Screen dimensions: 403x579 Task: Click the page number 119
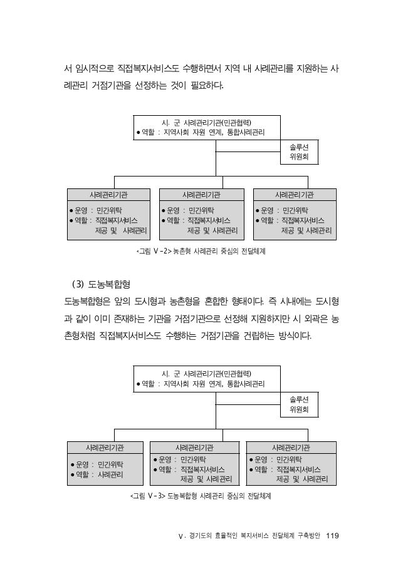click(x=332, y=535)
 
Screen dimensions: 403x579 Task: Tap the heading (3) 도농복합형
click(x=101, y=284)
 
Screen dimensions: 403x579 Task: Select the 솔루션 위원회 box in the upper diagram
click(x=299, y=151)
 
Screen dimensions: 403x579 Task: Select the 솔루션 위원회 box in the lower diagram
click(x=299, y=404)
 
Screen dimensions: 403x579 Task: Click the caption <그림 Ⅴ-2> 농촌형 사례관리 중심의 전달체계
click(x=201, y=252)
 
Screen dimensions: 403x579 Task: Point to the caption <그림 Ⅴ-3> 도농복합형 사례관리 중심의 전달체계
click(x=201, y=496)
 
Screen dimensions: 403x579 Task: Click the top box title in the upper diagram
click(x=207, y=123)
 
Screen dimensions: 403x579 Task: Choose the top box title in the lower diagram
click(x=207, y=374)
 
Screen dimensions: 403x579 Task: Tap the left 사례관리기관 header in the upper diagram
click(x=108, y=195)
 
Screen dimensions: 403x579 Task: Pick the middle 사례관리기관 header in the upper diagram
click(x=202, y=195)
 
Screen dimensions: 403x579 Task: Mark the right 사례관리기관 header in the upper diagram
click(x=295, y=195)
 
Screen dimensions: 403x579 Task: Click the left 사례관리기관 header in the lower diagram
click(x=105, y=448)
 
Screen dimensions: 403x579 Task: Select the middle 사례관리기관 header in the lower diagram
click(x=194, y=448)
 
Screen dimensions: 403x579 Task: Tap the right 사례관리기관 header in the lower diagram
click(x=291, y=448)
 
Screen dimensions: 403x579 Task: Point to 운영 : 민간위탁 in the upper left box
click(x=96, y=210)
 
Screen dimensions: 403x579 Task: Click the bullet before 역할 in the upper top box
click(x=139, y=132)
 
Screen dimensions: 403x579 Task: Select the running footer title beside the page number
click(x=249, y=536)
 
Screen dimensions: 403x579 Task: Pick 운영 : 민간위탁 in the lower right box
click(x=276, y=459)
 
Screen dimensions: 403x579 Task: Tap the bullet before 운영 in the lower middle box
click(x=155, y=460)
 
